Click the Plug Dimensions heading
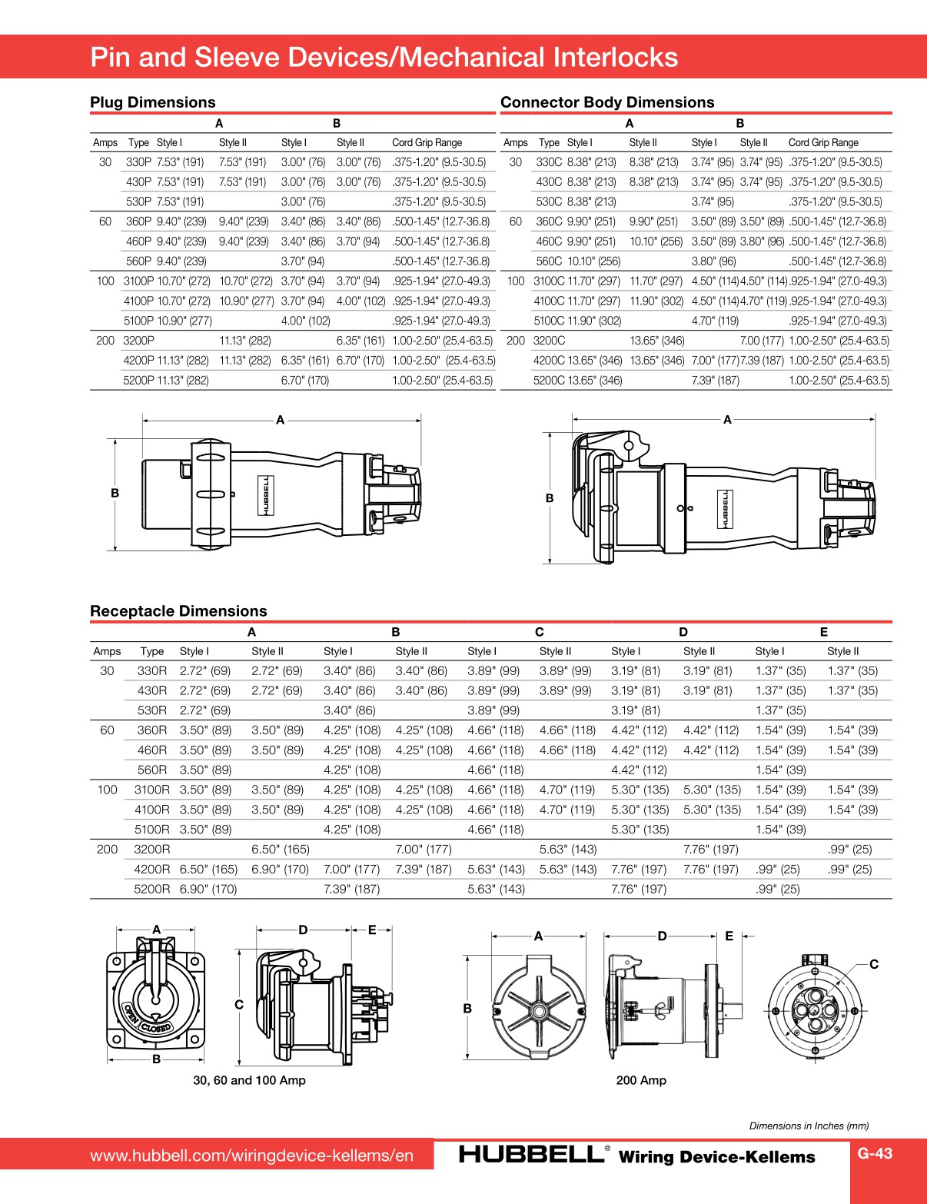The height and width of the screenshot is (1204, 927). (x=152, y=102)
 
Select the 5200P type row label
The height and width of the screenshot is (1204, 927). (x=138, y=380)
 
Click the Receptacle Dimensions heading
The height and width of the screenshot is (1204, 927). (x=178, y=611)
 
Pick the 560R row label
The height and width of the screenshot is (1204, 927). (x=151, y=770)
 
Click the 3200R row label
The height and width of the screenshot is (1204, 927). (x=151, y=849)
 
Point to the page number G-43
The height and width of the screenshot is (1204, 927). (x=875, y=1153)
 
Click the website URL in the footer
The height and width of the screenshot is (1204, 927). (x=251, y=1156)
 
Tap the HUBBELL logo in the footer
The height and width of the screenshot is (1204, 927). (x=532, y=1154)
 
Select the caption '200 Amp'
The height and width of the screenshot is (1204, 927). (x=641, y=1080)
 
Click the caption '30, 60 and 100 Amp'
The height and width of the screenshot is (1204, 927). (x=249, y=1080)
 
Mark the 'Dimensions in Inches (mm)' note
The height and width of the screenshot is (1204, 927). (x=809, y=1126)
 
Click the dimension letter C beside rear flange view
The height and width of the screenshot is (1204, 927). (x=873, y=964)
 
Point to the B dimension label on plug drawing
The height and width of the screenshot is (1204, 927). (x=115, y=493)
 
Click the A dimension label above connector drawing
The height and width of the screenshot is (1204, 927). (x=727, y=420)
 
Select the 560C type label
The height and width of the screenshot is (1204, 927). (x=549, y=261)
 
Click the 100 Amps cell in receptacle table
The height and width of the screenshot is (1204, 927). (x=107, y=790)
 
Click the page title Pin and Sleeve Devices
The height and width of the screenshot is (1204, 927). (x=384, y=57)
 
